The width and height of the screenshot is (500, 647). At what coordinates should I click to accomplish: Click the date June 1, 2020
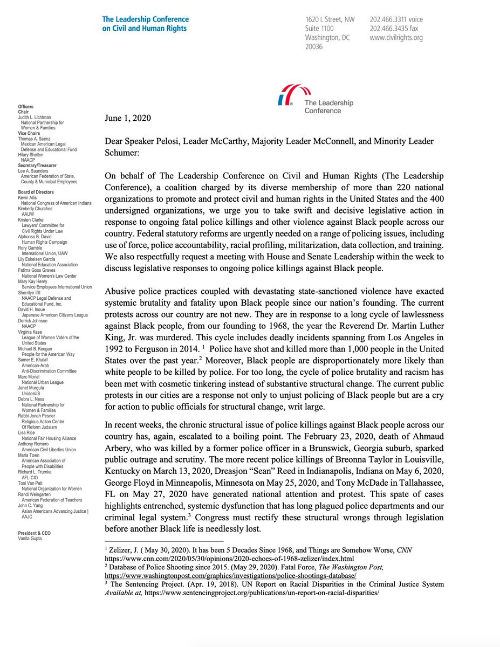(128, 118)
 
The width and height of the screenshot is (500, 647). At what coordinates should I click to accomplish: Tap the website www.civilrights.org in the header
(396, 38)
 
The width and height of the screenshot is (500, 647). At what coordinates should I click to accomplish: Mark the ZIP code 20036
(314, 47)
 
